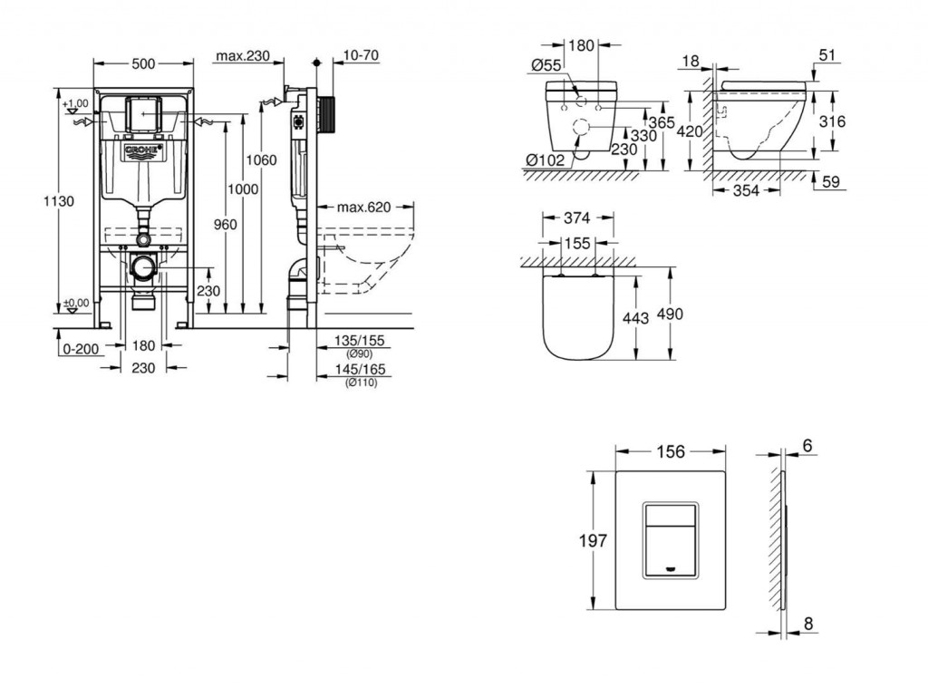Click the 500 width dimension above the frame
coord(143,63)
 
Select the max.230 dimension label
coord(243,56)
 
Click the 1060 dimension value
coord(261,160)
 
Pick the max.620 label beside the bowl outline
coord(363,208)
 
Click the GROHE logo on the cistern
coord(143,149)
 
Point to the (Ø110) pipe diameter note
coord(360,382)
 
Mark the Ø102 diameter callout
coord(546,160)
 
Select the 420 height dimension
coord(690,131)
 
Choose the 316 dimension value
coord(832,122)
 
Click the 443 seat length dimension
coord(636,318)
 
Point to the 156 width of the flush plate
coord(670,451)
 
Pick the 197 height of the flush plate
coord(593,541)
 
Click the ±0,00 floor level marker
coord(77,303)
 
